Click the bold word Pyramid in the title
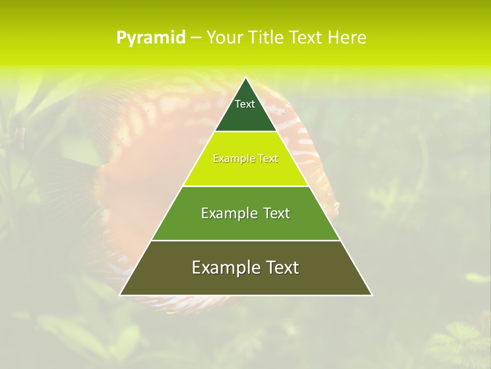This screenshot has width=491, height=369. click(150, 38)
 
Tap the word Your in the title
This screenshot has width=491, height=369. click(225, 38)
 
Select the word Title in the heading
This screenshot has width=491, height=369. click(266, 38)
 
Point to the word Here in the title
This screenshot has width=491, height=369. click(347, 38)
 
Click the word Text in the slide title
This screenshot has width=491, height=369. click(306, 38)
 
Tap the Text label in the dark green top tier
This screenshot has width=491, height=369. click(245, 104)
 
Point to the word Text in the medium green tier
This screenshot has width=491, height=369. click(277, 213)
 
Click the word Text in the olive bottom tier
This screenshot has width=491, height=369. click(282, 268)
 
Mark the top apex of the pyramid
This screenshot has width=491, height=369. click(245, 78)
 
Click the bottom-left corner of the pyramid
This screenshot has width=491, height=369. click(120, 295)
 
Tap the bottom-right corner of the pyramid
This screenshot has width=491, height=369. click(371, 295)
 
